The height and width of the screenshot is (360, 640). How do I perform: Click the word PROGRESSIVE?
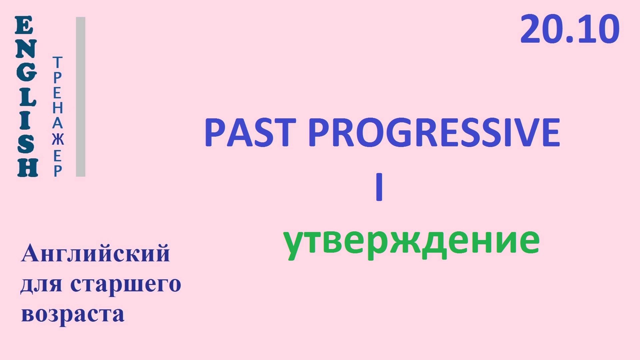(434, 133)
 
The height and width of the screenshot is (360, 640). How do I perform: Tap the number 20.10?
(570, 29)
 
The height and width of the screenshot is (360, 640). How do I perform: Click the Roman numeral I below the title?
(379, 187)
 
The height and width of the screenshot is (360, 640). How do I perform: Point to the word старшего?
(126, 284)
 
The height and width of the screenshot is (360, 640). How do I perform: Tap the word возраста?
(73, 314)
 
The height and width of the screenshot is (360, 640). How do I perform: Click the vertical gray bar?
(81, 97)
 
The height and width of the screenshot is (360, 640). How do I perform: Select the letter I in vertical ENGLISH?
(26, 120)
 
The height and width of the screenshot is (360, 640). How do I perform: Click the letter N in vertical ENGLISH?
(26, 49)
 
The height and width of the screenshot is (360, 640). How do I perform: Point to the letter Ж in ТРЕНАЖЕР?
(58, 139)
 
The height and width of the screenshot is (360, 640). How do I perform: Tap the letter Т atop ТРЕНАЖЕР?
(57, 62)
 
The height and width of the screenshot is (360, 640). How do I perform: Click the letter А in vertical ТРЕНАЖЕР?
(57, 124)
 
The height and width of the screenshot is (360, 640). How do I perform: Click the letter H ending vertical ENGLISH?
(27, 167)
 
